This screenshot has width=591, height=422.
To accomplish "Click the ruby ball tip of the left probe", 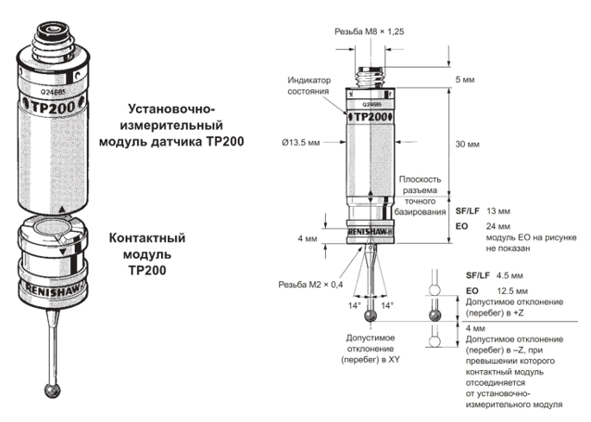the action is [53, 390].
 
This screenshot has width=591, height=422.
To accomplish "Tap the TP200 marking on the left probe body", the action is [53, 108].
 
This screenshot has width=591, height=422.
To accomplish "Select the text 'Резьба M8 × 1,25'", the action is [369, 32].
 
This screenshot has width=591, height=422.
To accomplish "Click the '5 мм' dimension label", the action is [465, 80].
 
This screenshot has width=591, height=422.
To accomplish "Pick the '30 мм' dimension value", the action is [467, 144].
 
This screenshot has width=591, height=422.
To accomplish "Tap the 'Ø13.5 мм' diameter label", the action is [301, 143].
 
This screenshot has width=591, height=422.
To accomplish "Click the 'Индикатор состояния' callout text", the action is [309, 85].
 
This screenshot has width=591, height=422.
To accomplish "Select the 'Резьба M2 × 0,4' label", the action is [310, 285].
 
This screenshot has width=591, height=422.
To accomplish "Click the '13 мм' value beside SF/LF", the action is [497, 211].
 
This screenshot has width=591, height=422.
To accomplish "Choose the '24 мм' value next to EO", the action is [497, 226].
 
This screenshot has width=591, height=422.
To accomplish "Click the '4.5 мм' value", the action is [509, 275].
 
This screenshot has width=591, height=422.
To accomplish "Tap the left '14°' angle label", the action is [354, 305].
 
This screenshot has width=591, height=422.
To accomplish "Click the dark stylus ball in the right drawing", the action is [371, 316].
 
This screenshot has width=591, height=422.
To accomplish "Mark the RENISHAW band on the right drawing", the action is [371, 232].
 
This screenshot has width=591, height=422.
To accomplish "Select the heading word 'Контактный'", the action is [147, 238].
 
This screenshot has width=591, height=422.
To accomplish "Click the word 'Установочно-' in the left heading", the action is [172, 109].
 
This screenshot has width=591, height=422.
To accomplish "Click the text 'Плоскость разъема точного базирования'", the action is [420, 196].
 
